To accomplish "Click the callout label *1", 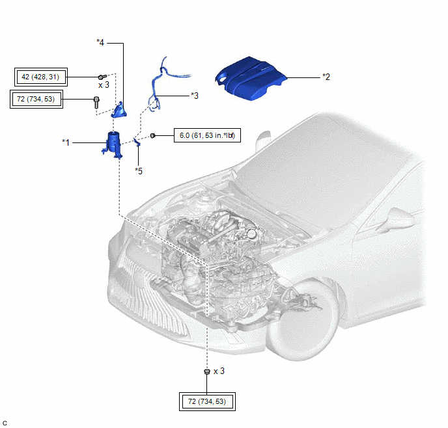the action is click(66, 142).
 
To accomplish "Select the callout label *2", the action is click(326, 77).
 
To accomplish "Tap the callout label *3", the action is click(195, 96).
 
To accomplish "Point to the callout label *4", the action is click(100, 42).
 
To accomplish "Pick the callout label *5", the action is click(139, 171).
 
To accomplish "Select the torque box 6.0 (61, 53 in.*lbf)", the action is click(207, 135).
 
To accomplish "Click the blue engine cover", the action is click(251, 78).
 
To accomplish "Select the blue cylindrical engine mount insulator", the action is click(113, 144).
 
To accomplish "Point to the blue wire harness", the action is click(161, 83).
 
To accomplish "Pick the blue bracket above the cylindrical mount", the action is click(119, 110).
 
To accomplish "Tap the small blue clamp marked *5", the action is click(137, 142).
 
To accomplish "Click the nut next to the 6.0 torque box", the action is click(152, 135).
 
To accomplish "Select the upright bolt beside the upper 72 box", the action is click(96, 103).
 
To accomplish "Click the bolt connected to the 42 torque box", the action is click(102, 77).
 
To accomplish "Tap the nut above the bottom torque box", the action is click(207, 371).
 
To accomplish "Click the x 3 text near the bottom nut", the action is click(219, 371).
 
